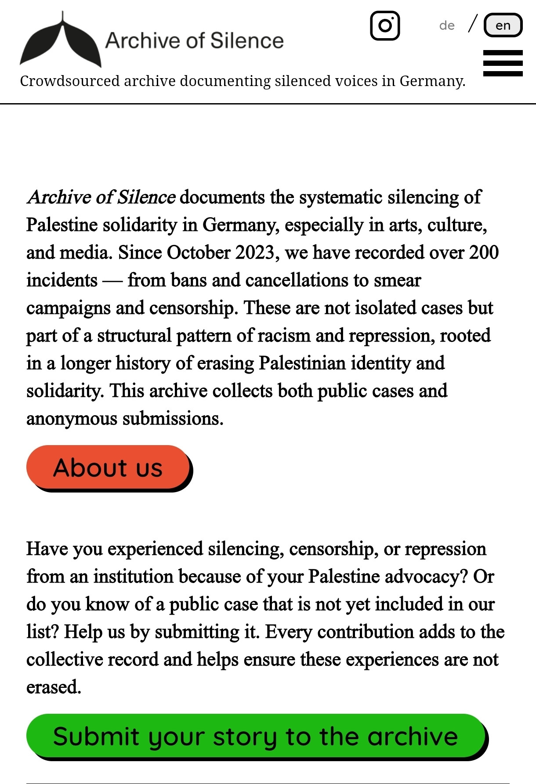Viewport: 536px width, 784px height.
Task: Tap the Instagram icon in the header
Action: click(385, 25)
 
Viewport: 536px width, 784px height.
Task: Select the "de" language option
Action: click(446, 25)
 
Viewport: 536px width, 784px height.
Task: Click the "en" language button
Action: click(503, 25)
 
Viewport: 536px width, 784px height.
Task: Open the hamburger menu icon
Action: click(503, 63)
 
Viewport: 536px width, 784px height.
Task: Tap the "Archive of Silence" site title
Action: click(194, 40)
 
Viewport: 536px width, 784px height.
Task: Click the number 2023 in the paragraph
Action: click(254, 252)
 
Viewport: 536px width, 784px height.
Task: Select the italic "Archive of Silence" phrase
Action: click(101, 197)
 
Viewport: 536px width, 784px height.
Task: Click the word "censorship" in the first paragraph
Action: click(192, 308)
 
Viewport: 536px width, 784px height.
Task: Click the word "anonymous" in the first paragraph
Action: click(72, 418)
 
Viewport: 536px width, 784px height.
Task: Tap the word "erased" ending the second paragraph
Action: click(53, 687)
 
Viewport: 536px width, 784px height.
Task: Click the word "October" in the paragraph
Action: click(199, 252)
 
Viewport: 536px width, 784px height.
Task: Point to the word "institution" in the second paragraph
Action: click(133, 576)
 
